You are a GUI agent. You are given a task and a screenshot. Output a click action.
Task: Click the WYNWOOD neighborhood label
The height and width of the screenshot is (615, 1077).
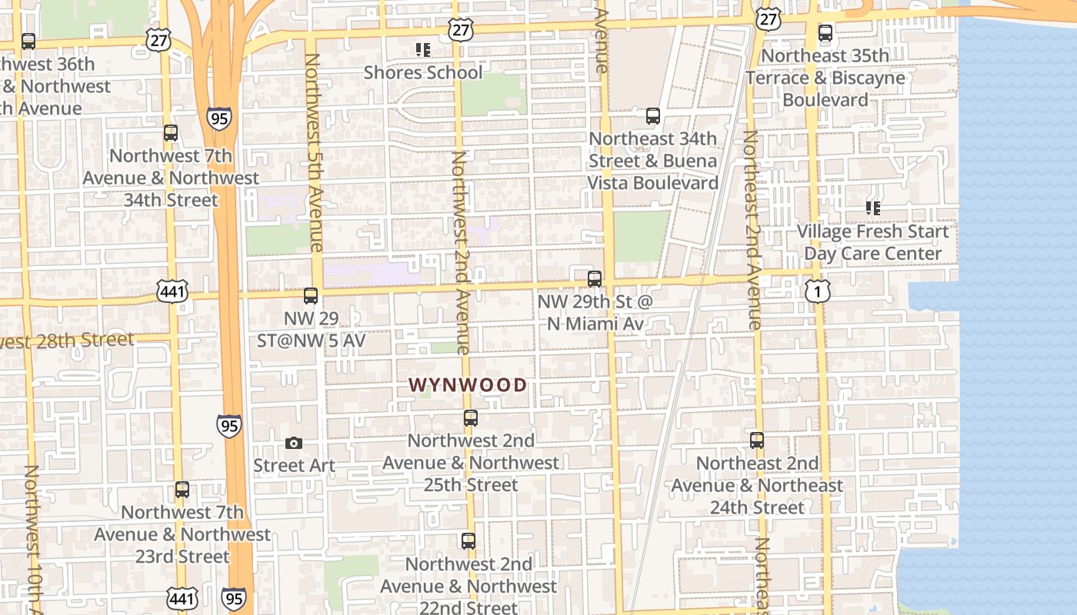tap(468, 385)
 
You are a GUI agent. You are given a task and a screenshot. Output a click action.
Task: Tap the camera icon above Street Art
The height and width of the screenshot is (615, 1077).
tap(293, 443)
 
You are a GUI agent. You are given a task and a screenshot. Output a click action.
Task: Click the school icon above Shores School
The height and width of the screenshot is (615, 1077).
tap(422, 50)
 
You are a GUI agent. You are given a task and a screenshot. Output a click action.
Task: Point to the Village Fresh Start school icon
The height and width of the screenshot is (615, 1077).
tap(872, 208)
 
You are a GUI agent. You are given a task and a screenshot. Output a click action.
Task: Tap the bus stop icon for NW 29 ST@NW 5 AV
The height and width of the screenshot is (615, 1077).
tap(311, 295)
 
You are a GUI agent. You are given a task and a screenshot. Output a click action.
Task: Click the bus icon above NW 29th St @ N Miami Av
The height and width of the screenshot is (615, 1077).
tap(595, 278)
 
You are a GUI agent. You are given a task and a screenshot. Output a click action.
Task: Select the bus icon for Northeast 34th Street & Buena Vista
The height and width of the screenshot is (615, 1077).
tap(653, 116)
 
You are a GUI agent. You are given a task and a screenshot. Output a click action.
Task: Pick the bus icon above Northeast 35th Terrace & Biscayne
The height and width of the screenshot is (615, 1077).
tap(825, 33)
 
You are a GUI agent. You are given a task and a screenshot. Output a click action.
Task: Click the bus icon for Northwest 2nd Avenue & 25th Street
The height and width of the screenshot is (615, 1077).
tap(471, 418)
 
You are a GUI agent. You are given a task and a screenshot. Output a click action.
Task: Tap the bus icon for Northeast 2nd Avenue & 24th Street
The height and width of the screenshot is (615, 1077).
tap(757, 440)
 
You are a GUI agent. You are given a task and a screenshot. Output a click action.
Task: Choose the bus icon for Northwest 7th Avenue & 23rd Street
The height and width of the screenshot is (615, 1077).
tap(182, 490)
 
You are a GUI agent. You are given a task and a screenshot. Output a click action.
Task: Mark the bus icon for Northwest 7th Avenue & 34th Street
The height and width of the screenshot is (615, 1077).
tap(171, 133)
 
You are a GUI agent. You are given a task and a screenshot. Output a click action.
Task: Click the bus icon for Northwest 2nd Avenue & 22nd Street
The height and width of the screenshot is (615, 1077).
tap(468, 541)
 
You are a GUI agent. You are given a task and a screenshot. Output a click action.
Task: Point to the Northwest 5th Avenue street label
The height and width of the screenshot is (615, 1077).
tap(313, 152)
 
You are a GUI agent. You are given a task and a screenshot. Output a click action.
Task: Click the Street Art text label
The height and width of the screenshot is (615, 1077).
tap(295, 466)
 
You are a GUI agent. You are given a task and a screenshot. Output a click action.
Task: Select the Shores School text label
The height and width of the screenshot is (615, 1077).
tap(423, 73)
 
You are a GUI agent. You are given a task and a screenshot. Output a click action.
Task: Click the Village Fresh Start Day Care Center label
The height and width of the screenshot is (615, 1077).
tap(872, 242)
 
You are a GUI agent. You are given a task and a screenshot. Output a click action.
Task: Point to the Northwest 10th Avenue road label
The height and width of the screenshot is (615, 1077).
tap(32, 538)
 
